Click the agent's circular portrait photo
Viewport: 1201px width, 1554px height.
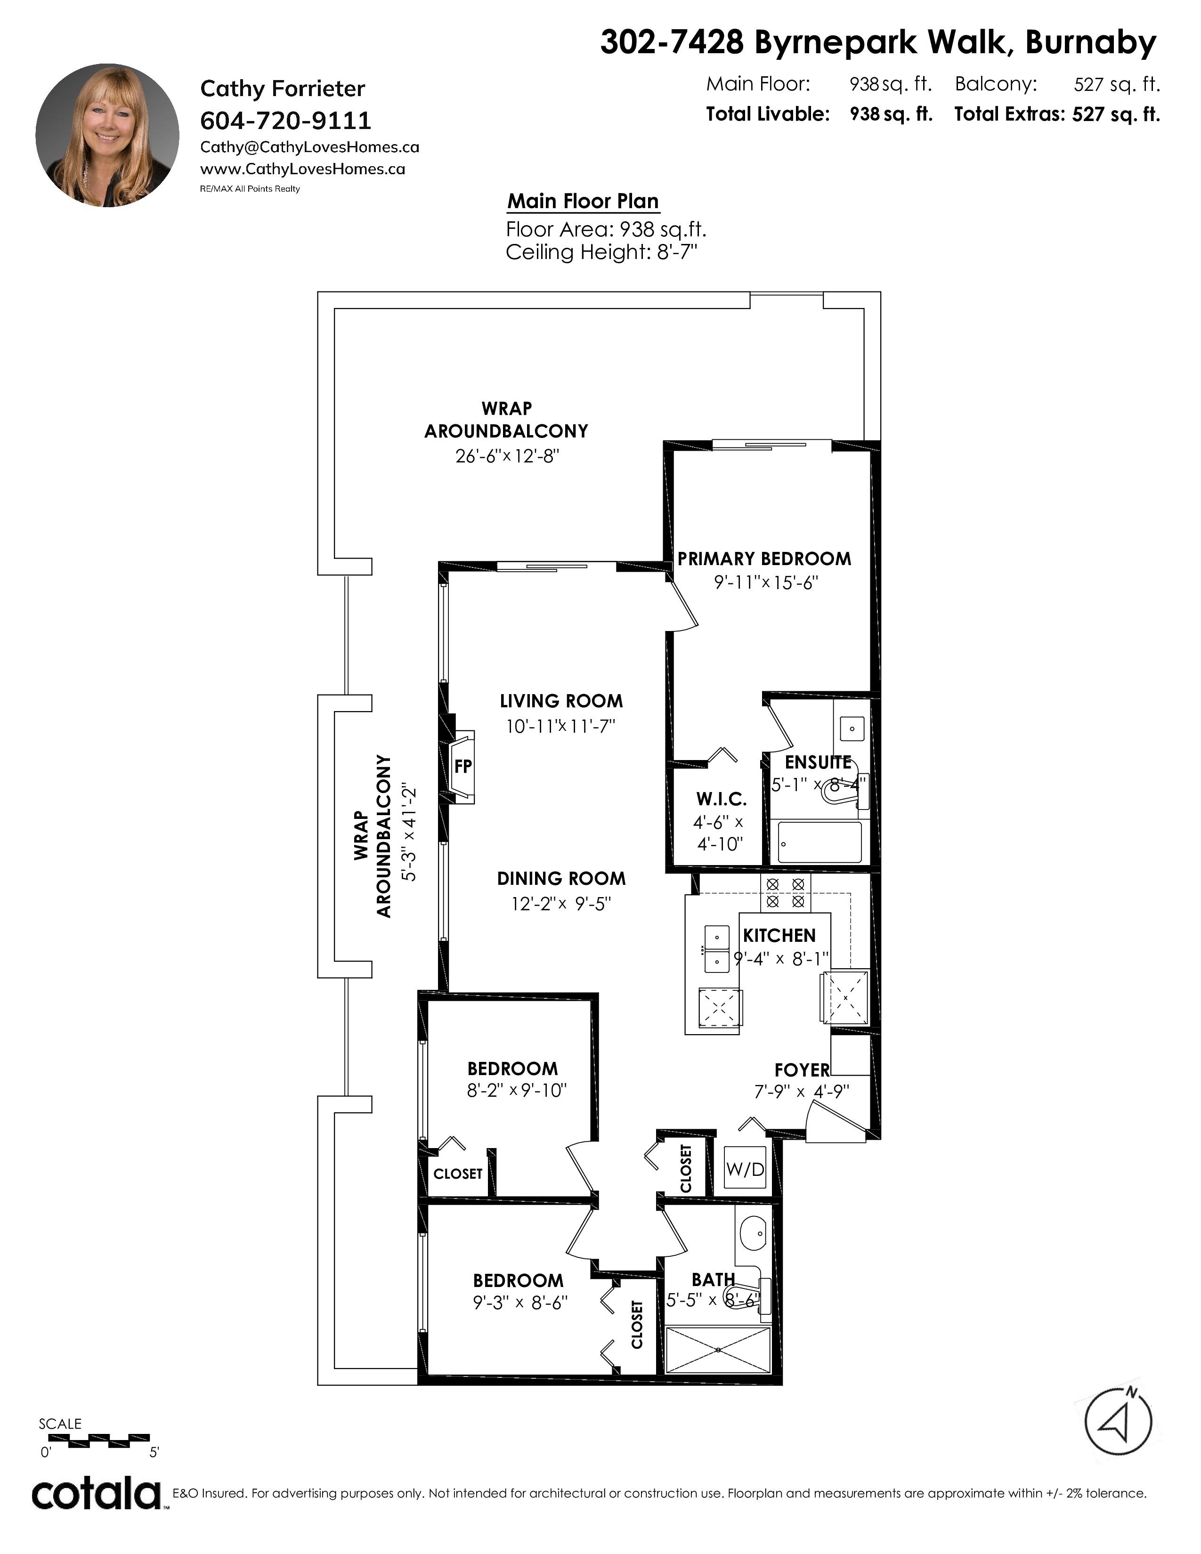(107, 135)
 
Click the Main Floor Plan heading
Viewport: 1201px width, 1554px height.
(583, 202)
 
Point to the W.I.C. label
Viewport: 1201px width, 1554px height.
(722, 799)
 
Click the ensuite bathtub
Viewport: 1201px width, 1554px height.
(820, 842)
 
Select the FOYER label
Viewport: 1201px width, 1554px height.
(802, 1070)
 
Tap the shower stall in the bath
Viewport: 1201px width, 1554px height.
(718, 1350)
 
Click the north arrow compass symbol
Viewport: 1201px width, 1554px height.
(1118, 1422)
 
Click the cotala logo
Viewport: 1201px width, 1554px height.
(97, 1494)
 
